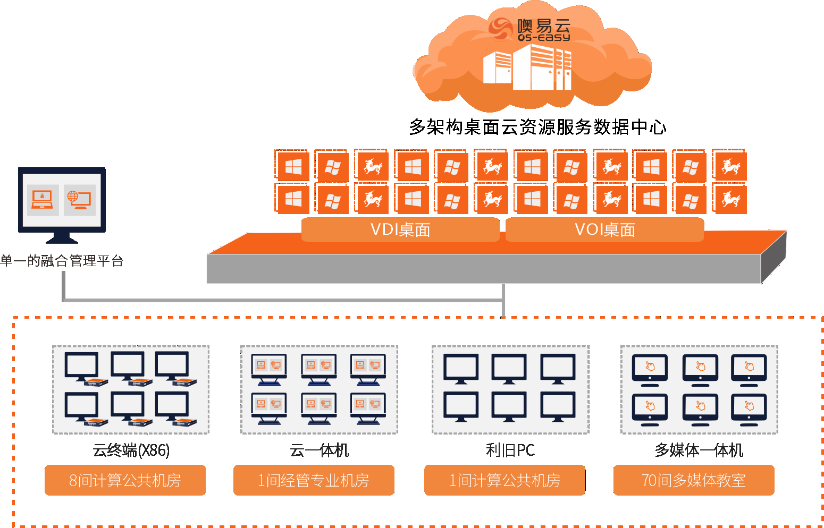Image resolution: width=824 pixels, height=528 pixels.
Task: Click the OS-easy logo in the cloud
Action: point(529,29)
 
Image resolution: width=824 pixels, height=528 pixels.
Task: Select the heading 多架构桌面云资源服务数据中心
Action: point(537,127)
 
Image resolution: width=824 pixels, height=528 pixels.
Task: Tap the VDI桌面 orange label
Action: point(400,229)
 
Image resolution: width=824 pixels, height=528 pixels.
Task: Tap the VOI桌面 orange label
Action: point(605,229)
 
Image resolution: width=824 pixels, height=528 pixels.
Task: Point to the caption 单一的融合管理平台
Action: point(62,261)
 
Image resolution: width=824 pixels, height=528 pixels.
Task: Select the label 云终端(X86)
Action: point(131,450)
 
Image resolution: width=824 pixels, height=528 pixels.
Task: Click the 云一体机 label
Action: point(319,450)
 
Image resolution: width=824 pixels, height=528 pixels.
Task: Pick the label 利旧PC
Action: point(510,450)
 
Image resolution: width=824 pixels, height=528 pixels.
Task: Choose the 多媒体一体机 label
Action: point(699,450)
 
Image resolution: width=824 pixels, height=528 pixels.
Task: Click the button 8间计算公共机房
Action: point(125,480)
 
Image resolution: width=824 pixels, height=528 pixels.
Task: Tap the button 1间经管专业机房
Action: point(314,480)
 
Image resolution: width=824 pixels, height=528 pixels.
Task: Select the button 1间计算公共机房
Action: point(505,480)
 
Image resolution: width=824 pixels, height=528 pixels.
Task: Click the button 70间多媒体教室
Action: point(694,480)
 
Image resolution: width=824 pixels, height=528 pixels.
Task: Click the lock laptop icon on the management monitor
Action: point(43,199)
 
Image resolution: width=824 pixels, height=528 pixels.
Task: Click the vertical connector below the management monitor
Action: point(63,286)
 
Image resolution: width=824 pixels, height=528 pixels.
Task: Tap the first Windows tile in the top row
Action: point(293,167)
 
